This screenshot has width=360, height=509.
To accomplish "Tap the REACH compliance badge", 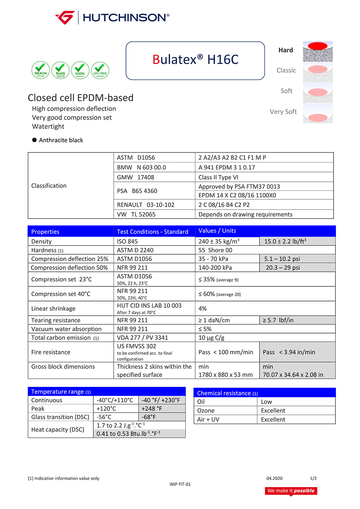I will tap(41, 70).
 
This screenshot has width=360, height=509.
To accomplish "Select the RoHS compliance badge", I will tap(60, 70).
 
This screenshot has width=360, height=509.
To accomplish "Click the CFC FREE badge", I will tap(100, 70).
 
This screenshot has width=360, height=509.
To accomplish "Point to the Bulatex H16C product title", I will tap(195, 60).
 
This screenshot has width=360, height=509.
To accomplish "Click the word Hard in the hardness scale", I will tap(285, 50).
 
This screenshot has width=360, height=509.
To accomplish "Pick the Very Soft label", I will tap(283, 112).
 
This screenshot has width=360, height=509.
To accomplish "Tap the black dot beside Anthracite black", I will tap(35, 140).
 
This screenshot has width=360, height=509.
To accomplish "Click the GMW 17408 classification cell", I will tap(136, 177).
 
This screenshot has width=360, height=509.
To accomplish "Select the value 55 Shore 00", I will tap(215, 250).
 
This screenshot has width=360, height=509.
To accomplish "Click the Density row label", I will tap(41, 242).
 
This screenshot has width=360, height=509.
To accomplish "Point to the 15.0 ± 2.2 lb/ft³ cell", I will tap(285, 242).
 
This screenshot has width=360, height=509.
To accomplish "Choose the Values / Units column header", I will tap(217, 231).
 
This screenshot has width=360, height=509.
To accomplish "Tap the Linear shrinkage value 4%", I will tap(203, 308).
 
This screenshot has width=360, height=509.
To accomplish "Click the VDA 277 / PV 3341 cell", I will tap(143, 338).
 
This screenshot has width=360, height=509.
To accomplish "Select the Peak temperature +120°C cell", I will tap(106, 409).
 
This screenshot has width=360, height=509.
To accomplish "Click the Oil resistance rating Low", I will tap(266, 402).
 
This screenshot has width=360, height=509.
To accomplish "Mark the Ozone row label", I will tap(206, 411).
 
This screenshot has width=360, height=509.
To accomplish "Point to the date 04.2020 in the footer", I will tap(274, 478).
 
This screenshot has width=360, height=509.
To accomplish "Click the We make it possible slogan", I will tap(291, 491).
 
